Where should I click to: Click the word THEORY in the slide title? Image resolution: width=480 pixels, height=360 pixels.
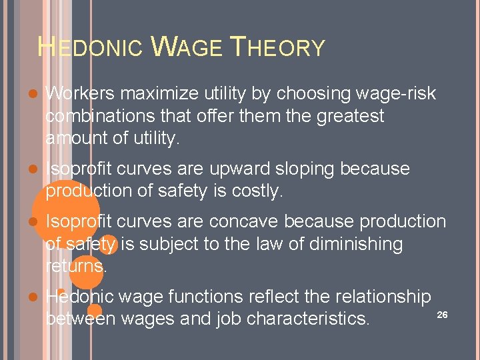(x=277, y=48)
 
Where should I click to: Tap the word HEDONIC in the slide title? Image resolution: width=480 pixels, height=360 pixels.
(x=90, y=48)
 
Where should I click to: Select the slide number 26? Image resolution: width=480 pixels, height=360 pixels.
(x=441, y=314)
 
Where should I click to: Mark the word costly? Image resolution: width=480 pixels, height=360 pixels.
(x=256, y=191)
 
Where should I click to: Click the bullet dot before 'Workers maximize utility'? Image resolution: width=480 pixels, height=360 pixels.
(x=33, y=94)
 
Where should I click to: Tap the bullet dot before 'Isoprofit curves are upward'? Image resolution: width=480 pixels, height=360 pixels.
(x=33, y=169)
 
